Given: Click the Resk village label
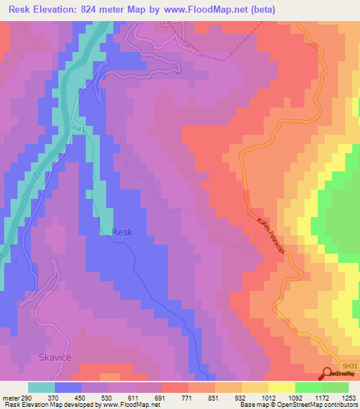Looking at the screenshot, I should (122, 232).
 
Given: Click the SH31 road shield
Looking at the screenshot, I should (349, 366).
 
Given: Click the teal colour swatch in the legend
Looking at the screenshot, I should (41, 387).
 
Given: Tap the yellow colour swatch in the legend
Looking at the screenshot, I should (282, 387).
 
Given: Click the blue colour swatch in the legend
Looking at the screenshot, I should (68, 387).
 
